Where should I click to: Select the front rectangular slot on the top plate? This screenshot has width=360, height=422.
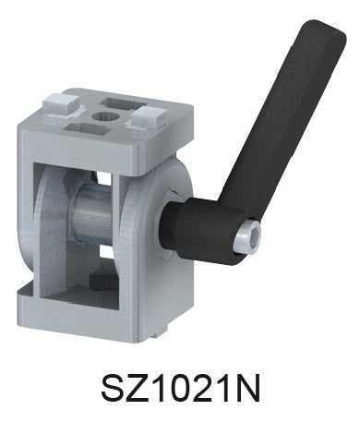point(87,128)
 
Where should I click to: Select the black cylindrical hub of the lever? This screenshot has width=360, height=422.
point(200,229)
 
